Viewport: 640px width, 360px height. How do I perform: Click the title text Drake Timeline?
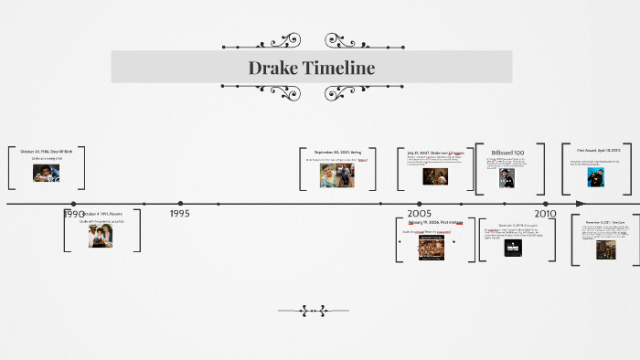[x=311, y=68]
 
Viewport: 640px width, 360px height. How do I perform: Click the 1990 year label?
[x=73, y=214]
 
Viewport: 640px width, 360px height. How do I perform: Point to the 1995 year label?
[x=180, y=213]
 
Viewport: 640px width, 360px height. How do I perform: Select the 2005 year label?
[x=420, y=213]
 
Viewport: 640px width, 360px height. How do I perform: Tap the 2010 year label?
[x=545, y=213]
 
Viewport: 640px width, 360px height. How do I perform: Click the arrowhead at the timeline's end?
[x=581, y=203]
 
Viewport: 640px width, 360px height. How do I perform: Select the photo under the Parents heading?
[x=101, y=236]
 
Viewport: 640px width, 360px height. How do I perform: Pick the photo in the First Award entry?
[x=598, y=177]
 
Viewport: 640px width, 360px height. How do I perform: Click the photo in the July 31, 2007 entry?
[x=434, y=175]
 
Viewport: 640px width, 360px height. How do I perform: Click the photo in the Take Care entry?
[x=605, y=249]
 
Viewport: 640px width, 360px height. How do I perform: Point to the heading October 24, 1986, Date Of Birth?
[x=46, y=150]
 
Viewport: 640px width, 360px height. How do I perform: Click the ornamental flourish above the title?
[x=312, y=41]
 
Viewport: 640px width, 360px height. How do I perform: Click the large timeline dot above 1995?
[x=180, y=203]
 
